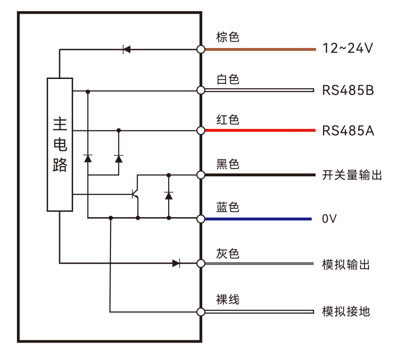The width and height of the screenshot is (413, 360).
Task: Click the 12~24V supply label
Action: [347, 48]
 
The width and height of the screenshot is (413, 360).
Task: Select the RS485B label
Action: [348, 90]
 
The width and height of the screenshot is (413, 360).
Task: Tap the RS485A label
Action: [348, 131]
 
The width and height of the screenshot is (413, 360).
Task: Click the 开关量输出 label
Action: [352, 175]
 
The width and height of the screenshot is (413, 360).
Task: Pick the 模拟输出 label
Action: [346, 265]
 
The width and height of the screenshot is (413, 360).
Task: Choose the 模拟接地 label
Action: [346, 311]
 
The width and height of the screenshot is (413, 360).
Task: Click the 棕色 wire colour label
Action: [228, 37]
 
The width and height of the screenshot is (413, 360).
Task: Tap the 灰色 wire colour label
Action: [228, 253]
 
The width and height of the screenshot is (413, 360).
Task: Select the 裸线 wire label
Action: [228, 299]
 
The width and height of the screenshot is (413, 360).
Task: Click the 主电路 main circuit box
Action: [60, 144]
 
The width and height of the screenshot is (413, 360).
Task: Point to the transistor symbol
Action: [136, 194]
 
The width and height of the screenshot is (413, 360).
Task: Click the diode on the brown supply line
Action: [127, 49]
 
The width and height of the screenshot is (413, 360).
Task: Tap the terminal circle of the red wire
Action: [201, 130]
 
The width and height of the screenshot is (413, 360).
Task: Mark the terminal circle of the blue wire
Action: [201, 219]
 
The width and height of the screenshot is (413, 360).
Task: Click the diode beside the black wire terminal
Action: [169, 195]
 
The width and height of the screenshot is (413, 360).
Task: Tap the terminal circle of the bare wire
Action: [201, 312]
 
